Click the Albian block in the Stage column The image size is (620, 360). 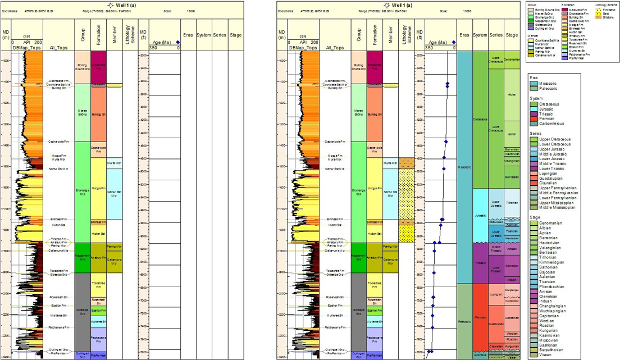tap(512, 95)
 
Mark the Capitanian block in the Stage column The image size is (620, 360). tap(512, 317)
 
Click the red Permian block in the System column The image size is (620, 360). tap(480, 317)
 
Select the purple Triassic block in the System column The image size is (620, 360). tap(480, 263)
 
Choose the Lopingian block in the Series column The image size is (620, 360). tap(495, 294)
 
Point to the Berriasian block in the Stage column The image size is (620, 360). tap(512, 176)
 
